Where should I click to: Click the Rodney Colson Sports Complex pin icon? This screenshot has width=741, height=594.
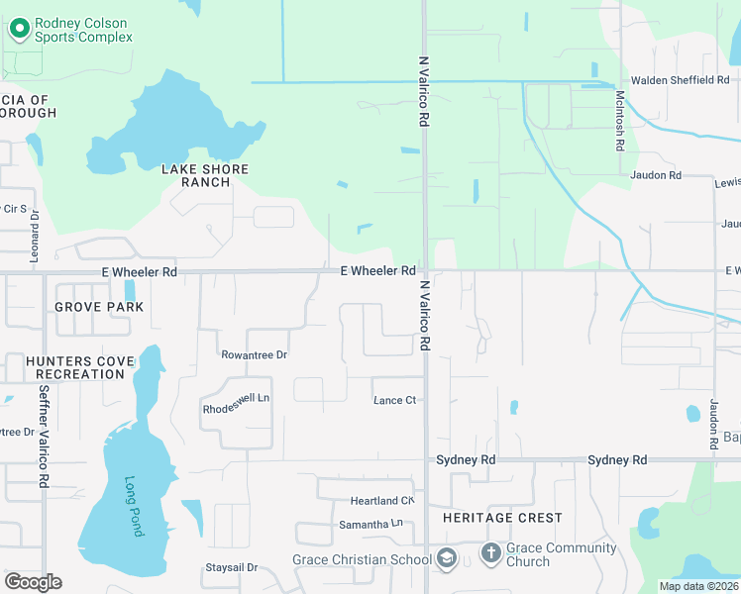coord(18,30)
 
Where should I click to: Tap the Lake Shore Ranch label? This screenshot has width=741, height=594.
coord(205,175)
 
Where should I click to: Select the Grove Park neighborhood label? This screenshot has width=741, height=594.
coord(99,307)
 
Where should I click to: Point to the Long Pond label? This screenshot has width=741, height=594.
coord(134,507)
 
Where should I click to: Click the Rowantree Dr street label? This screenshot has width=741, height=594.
coord(254,354)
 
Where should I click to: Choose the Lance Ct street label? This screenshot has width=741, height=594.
coord(394,400)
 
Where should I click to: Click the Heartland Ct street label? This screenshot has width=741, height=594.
coord(381,501)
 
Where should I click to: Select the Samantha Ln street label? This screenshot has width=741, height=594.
coord(371,524)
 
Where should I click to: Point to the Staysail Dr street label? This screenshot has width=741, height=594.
coord(231,567)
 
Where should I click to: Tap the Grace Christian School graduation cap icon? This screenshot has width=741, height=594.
coord(446,559)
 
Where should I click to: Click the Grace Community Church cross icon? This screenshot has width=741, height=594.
coord(490,553)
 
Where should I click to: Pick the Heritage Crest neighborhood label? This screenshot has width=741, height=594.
coord(502,518)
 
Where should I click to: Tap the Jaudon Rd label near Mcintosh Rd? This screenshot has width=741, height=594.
coord(656,175)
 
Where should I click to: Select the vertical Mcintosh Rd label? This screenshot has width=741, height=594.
coord(619,120)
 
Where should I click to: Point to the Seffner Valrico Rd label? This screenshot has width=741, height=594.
coord(44,435)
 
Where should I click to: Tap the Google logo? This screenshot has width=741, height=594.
coord(33,581)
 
